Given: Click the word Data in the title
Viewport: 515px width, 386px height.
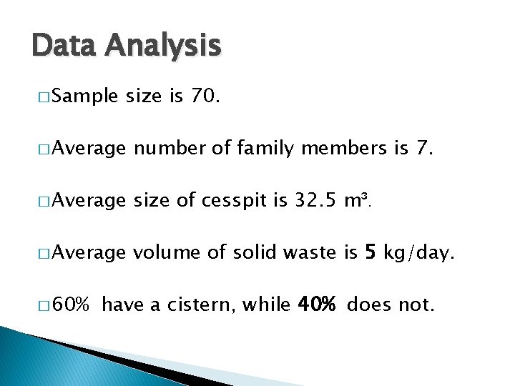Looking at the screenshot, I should [64, 45].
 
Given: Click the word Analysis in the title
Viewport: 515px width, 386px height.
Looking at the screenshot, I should [163, 46].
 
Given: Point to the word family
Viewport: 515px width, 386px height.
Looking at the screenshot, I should [265, 149].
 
